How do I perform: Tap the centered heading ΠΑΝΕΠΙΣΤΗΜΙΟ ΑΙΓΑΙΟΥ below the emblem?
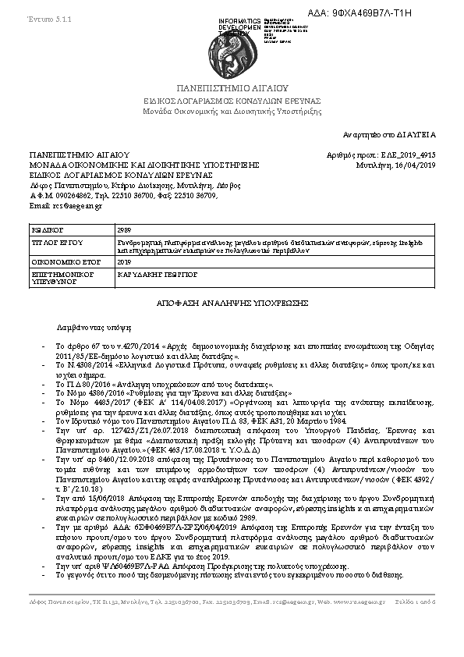232,88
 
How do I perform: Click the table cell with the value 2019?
124,262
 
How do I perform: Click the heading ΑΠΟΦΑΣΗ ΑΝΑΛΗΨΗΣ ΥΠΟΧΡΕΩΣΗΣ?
231,302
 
